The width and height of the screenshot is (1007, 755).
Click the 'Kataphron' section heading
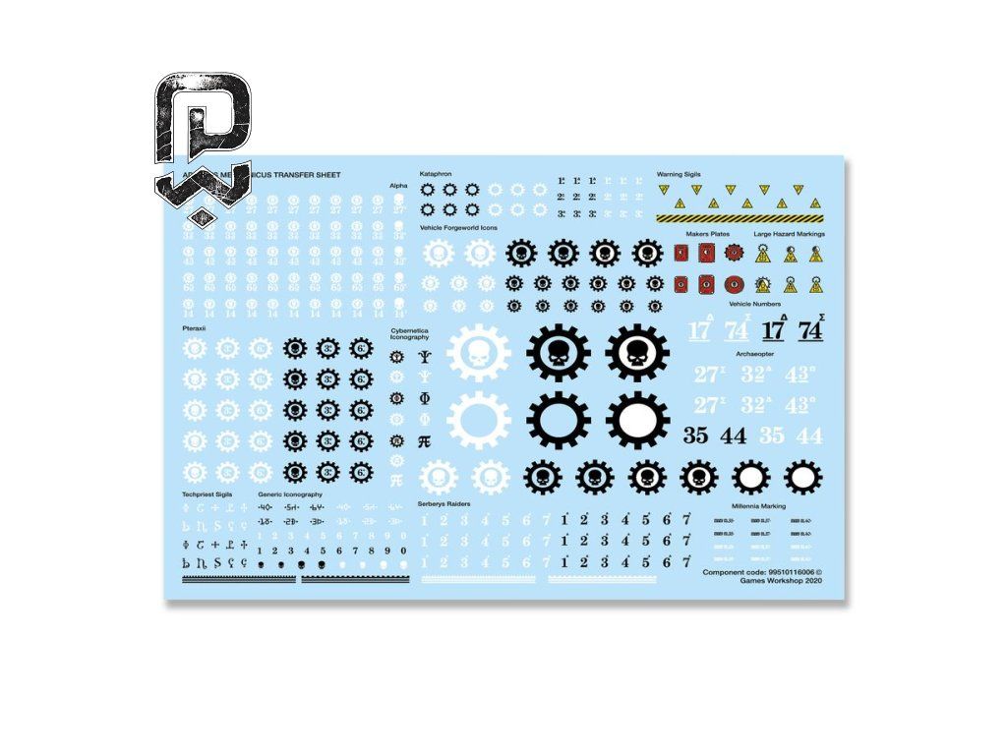(435, 173)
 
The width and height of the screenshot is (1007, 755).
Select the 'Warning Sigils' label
(678, 174)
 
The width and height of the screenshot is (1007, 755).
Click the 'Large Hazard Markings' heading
(789, 234)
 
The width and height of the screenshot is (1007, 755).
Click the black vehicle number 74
(810, 329)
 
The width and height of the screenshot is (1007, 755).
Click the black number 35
(696, 436)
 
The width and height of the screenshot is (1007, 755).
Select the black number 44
(734, 436)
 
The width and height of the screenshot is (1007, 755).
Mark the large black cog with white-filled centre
(637, 420)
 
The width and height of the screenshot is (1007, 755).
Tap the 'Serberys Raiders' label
(444, 502)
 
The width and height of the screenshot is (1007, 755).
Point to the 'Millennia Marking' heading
(758, 505)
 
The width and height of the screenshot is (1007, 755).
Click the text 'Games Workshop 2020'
(781, 580)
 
